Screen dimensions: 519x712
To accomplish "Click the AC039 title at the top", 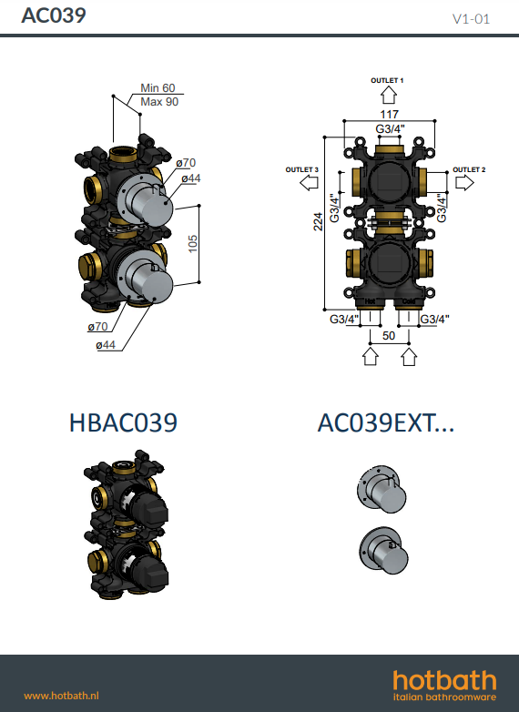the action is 54,15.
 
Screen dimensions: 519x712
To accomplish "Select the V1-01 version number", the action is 471,18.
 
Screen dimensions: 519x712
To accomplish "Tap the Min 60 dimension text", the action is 158,87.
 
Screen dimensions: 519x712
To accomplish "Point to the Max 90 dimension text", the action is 159,102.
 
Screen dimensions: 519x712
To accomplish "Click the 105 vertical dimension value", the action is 193,244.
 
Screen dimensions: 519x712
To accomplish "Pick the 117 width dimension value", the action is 389,115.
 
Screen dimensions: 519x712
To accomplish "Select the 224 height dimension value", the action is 319,221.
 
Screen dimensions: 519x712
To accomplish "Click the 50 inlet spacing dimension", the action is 389,336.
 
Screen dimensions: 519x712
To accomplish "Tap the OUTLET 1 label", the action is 387,80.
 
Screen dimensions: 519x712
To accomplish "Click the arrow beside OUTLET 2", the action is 464,183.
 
